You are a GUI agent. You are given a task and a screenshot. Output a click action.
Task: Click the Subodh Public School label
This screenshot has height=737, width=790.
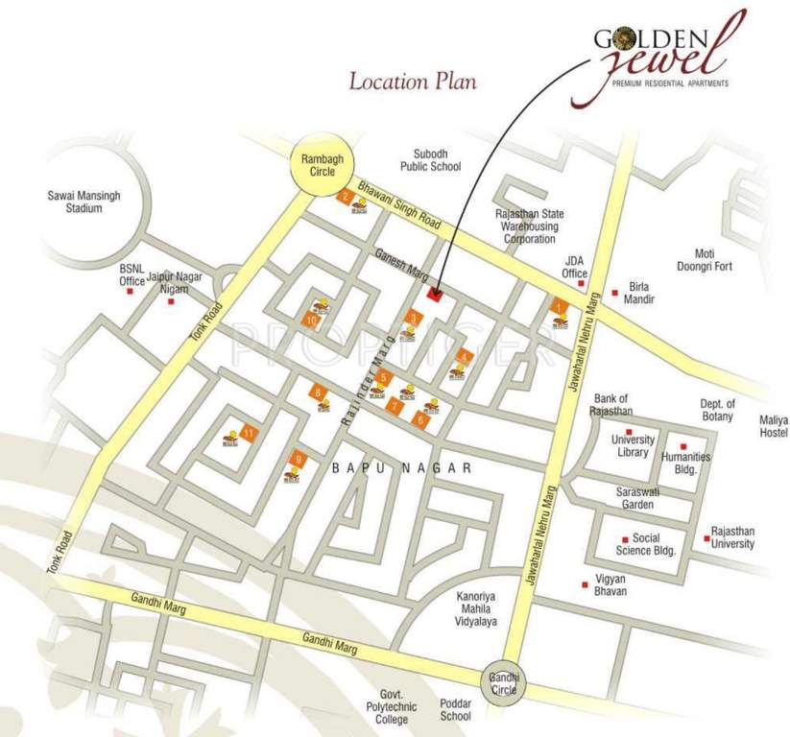(437, 159)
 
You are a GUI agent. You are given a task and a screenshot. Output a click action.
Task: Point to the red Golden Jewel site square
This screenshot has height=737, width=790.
(433, 295)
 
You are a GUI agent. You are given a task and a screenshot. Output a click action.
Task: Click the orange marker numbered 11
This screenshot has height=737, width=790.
(249, 432)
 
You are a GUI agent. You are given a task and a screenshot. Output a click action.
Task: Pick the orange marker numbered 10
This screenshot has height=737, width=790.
(310, 319)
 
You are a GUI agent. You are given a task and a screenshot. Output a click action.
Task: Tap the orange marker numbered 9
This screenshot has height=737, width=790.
(299, 459)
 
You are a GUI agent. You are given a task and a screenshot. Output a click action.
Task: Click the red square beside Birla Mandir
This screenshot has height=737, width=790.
(615, 293)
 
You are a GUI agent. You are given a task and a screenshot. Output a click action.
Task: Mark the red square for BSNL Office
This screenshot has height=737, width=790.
(130, 291)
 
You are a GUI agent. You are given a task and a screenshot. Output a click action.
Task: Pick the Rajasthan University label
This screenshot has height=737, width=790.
(732, 537)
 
